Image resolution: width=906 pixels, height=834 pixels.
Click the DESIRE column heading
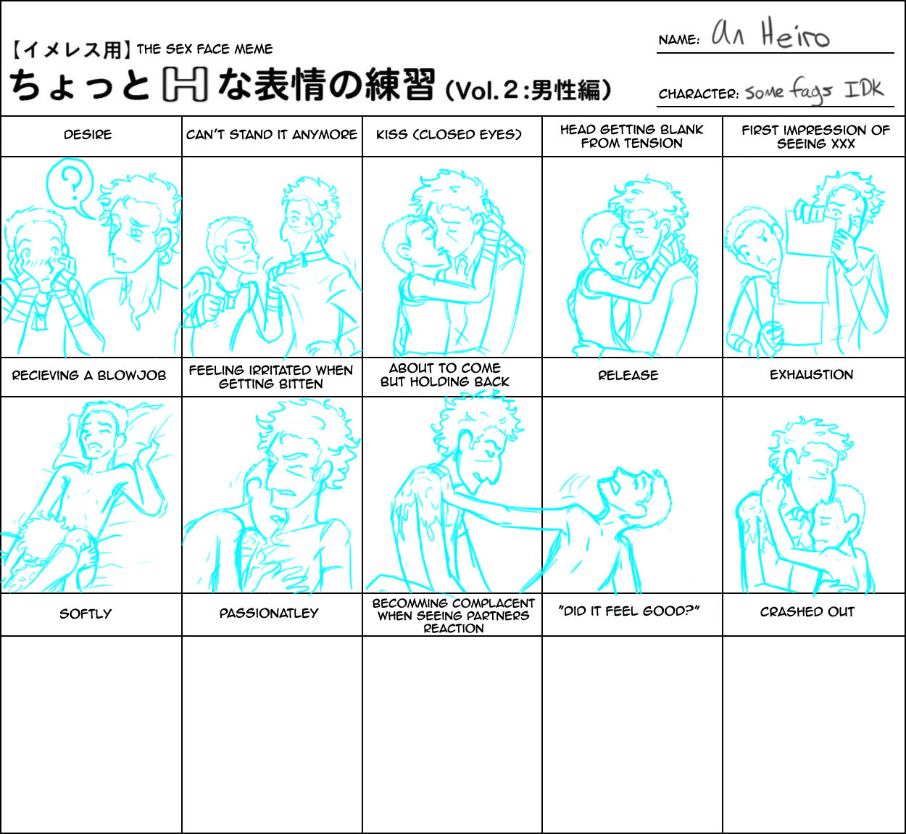pyautogui.click(x=88, y=135)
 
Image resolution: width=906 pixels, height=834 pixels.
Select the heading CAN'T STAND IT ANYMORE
pyautogui.click(x=272, y=135)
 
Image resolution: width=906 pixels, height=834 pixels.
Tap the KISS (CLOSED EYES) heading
pyautogui.click(x=449, y=135)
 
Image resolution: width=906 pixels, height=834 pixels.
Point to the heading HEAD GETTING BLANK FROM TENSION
pyautogui.click(x=631, y=136)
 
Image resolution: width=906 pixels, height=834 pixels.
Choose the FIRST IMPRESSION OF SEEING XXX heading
pyautogui.click(x=815, y=137)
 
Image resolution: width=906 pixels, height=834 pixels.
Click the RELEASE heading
pyautogui.click(x=628, y=375)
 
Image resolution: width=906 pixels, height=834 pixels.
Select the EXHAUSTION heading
pyautogui.click(x=812, y=375)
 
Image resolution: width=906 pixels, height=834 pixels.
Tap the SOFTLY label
pyautogui.click(x=86, y=614)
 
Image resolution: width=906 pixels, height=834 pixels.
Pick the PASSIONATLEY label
pyautogui.click(x=269, y=614)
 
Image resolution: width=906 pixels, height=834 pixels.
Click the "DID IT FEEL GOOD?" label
pyautogui.click(x=628, y=611)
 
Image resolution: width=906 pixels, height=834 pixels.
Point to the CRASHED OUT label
pyautogui.click(x=807, y=612)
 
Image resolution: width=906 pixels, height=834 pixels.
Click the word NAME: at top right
pyautogui.click(x=679, y=40)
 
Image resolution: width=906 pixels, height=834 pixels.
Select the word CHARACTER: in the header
pyautogui.click(x=699, y=94)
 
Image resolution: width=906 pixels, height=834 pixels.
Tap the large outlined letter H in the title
pyautogui.click(x=185, y=85)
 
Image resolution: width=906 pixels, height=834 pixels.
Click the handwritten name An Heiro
pyautogui.click(x=771, y=35)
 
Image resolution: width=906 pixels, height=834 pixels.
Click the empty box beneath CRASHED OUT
pyautogui.click(x=813, y=734)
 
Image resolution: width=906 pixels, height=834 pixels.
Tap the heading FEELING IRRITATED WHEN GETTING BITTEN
pyautogui.click(x=270, y=377)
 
